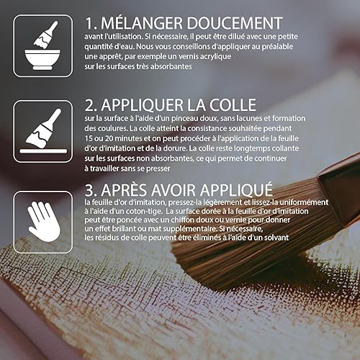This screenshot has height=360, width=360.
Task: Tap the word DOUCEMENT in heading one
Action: click(x=235, y=23)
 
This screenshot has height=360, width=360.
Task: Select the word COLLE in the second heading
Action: click(x=233, y=105)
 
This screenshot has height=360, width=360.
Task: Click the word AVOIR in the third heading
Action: click(x=174, y=190)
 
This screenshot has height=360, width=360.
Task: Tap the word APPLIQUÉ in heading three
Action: click(x=237, y=190)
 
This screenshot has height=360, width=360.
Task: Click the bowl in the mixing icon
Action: click(x=42, y=60)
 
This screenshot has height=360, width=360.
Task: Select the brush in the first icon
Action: click(x=45, y=35)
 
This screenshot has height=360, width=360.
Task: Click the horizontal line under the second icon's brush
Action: click(x=43, y=151)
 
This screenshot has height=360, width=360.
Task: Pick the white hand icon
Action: click(x=43, y=222)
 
